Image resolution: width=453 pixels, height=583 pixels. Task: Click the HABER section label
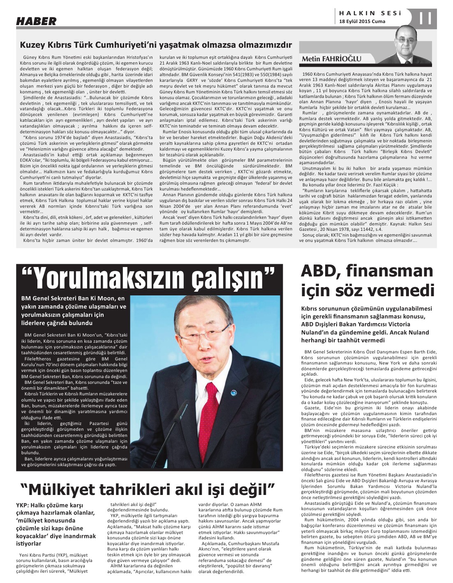tap(36, 21)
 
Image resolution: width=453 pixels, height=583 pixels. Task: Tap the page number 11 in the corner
tap(426, 19)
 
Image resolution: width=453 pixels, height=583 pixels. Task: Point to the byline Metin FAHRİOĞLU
tap(332, 59)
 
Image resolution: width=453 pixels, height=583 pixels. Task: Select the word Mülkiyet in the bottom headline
tap(68, 490)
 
